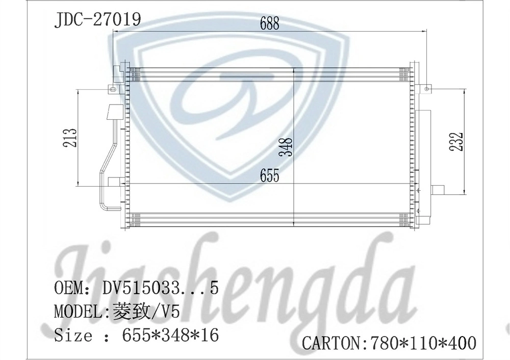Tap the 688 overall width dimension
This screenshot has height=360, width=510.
click(x=269, y=23)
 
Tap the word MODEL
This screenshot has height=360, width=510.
click(x=79, y=312)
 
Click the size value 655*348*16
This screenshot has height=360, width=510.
click(x=170, y=336)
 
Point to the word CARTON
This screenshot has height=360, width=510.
click(x=332, y=343)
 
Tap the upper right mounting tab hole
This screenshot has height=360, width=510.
click(x=426, y=89)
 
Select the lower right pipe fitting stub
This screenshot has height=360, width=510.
click(x=438, y=190)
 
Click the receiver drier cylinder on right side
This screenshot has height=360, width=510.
click(x=424, y=163)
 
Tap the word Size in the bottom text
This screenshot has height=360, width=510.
click(x=73, y=336)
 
